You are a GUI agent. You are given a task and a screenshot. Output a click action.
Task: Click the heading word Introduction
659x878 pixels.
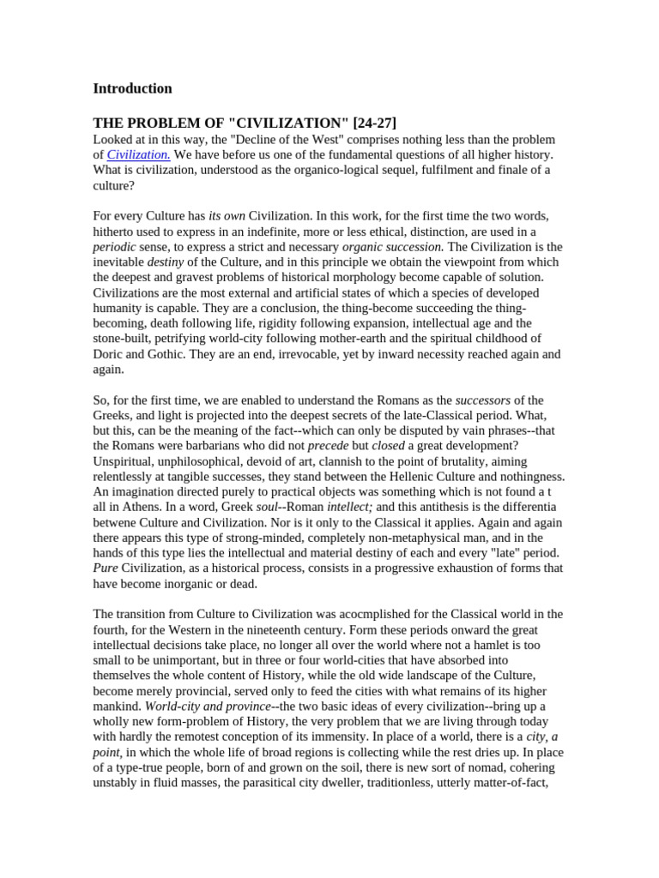click(132, 88)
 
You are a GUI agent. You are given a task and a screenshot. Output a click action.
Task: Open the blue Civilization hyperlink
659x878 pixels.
click(138, 154)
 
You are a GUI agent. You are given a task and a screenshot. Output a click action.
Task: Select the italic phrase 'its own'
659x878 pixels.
click(227, 216)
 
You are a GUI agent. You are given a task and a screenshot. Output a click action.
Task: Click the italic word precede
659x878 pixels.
click(328, 447)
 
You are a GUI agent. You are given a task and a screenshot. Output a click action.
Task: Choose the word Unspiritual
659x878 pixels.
click(126, 462)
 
